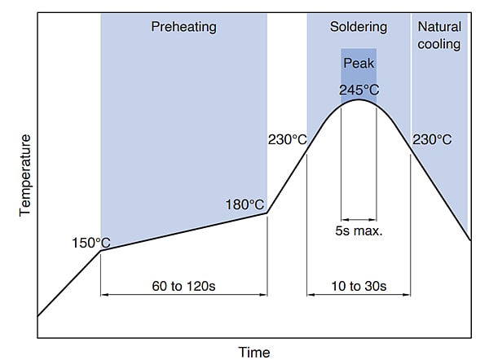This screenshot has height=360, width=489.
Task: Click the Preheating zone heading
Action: [x=183, y=27]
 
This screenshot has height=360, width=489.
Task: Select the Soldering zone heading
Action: [x=359, y=27]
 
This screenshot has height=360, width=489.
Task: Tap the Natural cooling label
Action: [x=439, y=34]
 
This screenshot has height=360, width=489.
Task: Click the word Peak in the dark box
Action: [x=359, y=63]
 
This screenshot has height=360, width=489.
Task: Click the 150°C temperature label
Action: [x=90, y=242]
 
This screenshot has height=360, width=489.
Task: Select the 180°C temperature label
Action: [x=244, y=204]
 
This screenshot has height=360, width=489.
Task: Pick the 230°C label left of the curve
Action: [x=287, y=139]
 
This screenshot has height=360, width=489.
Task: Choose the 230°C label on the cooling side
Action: [x=432, y=139]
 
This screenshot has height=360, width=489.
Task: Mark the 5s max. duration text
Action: [x=359, y=230]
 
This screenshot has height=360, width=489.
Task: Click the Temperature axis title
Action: [x=24, y=174]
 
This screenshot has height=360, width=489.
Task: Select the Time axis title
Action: [x=253, y=352]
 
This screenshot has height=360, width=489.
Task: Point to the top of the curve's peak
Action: [x=359, y=99]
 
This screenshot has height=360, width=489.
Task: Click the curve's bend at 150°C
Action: [x=100, y=250]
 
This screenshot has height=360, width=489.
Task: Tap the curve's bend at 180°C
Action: [x=267, y=213]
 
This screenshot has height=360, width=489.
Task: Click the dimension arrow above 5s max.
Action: [x=359, y=218]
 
